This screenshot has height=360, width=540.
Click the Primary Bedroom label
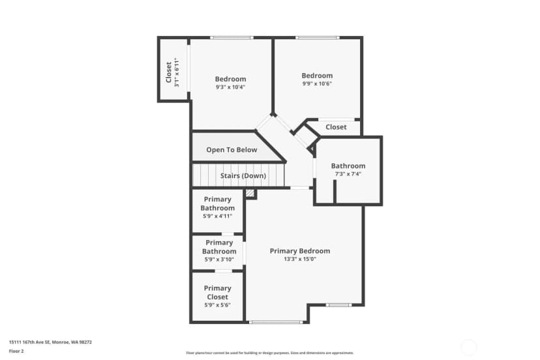tap(299, 251)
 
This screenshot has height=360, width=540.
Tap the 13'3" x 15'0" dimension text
tap(299, 259)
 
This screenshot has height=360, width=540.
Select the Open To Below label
tap(232, 150)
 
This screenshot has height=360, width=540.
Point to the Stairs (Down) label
tap(243, 175)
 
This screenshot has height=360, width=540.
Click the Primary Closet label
tap(217, 292)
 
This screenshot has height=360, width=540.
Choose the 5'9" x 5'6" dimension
tap(217, 305)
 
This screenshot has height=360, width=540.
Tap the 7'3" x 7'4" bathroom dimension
tap(348, 174)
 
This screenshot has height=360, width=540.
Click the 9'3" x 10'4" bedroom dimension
tap(230, 87)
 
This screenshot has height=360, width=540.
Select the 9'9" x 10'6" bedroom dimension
tap(317, 83)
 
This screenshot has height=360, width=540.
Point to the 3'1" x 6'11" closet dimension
tap(177, 72)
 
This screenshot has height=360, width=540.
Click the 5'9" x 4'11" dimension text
tap(217, 216)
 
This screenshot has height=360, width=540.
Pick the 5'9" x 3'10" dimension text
tap(219, 260)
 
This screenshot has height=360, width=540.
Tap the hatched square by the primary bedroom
tap(250, 193)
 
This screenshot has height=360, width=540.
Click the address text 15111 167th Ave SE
tap(29, 342)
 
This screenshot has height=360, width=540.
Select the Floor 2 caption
tap(16, 352)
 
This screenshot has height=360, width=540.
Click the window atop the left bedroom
tap(232, 38)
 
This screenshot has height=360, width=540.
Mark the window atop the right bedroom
tap(318, 38)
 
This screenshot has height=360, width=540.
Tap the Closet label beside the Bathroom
tap(336, 127)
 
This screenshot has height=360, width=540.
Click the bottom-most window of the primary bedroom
tap(275, 322)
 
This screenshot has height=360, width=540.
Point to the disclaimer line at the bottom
tap(269, 353)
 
